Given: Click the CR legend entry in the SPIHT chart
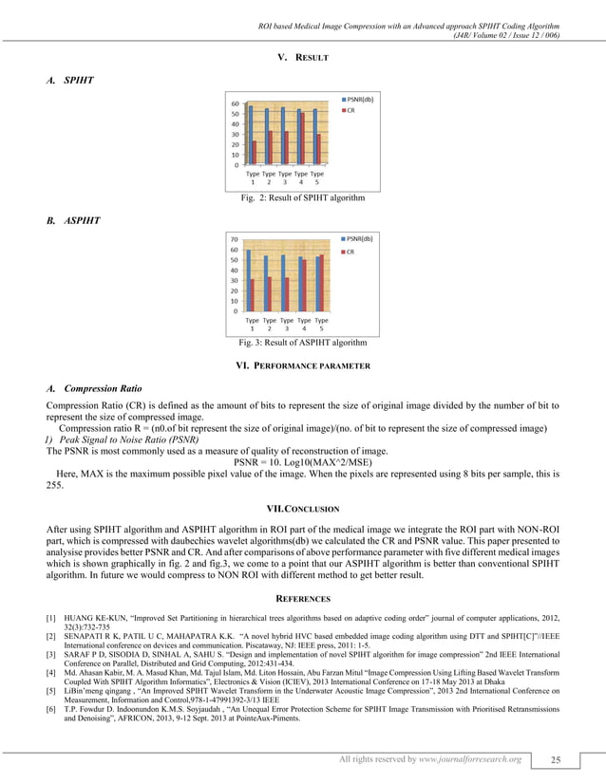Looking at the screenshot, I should [x=350, y=110].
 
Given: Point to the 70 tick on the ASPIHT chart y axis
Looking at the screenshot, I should [x=235, y=240].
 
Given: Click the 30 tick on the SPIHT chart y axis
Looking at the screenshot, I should [x=235, y=134].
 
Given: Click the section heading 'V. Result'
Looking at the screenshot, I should [x=302, y=59].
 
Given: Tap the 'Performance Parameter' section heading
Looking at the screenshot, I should [x=302, y=365].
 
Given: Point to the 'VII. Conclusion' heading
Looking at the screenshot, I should [x=302, y=509].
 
